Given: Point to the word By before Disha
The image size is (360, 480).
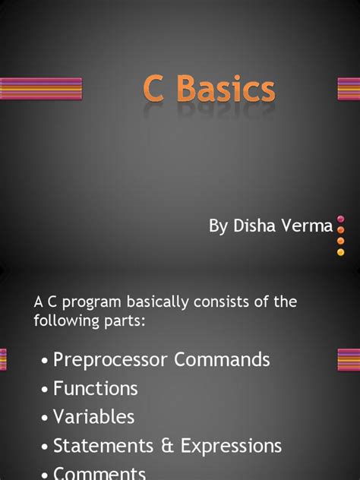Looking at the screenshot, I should coord(218,226).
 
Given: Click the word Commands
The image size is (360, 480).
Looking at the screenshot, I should coord(223,359).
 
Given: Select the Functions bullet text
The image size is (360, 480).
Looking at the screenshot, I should coord(95,388).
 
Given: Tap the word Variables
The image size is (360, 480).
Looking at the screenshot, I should coord(93,417).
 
